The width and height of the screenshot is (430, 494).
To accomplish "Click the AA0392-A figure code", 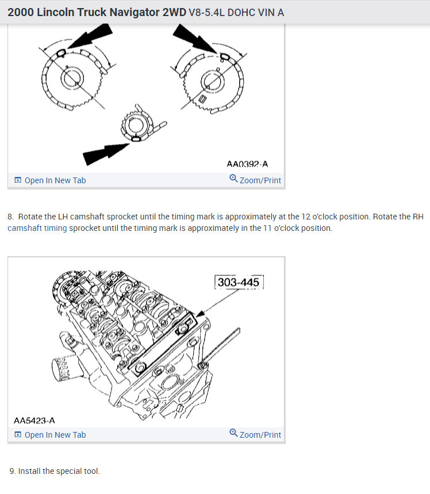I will pos(247,164).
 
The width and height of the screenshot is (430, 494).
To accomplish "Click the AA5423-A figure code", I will pos(34,420).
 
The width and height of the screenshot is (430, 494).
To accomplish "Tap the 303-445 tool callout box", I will pos(239,282).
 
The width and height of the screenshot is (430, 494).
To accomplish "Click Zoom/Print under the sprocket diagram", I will pos(255,180).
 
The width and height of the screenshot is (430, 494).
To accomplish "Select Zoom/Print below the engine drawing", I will pos(255,435).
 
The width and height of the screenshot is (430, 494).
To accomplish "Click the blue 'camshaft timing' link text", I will pos(37,228).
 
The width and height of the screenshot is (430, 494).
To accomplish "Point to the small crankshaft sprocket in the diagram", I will pos(137,126).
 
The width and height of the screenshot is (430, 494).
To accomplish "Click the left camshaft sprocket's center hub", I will pos(73,80).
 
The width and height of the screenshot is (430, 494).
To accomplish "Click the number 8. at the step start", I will pos(11,217).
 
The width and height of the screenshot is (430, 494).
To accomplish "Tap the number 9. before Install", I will pos(13,471).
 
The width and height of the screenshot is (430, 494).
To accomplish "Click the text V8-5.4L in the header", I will pos(206,12).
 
